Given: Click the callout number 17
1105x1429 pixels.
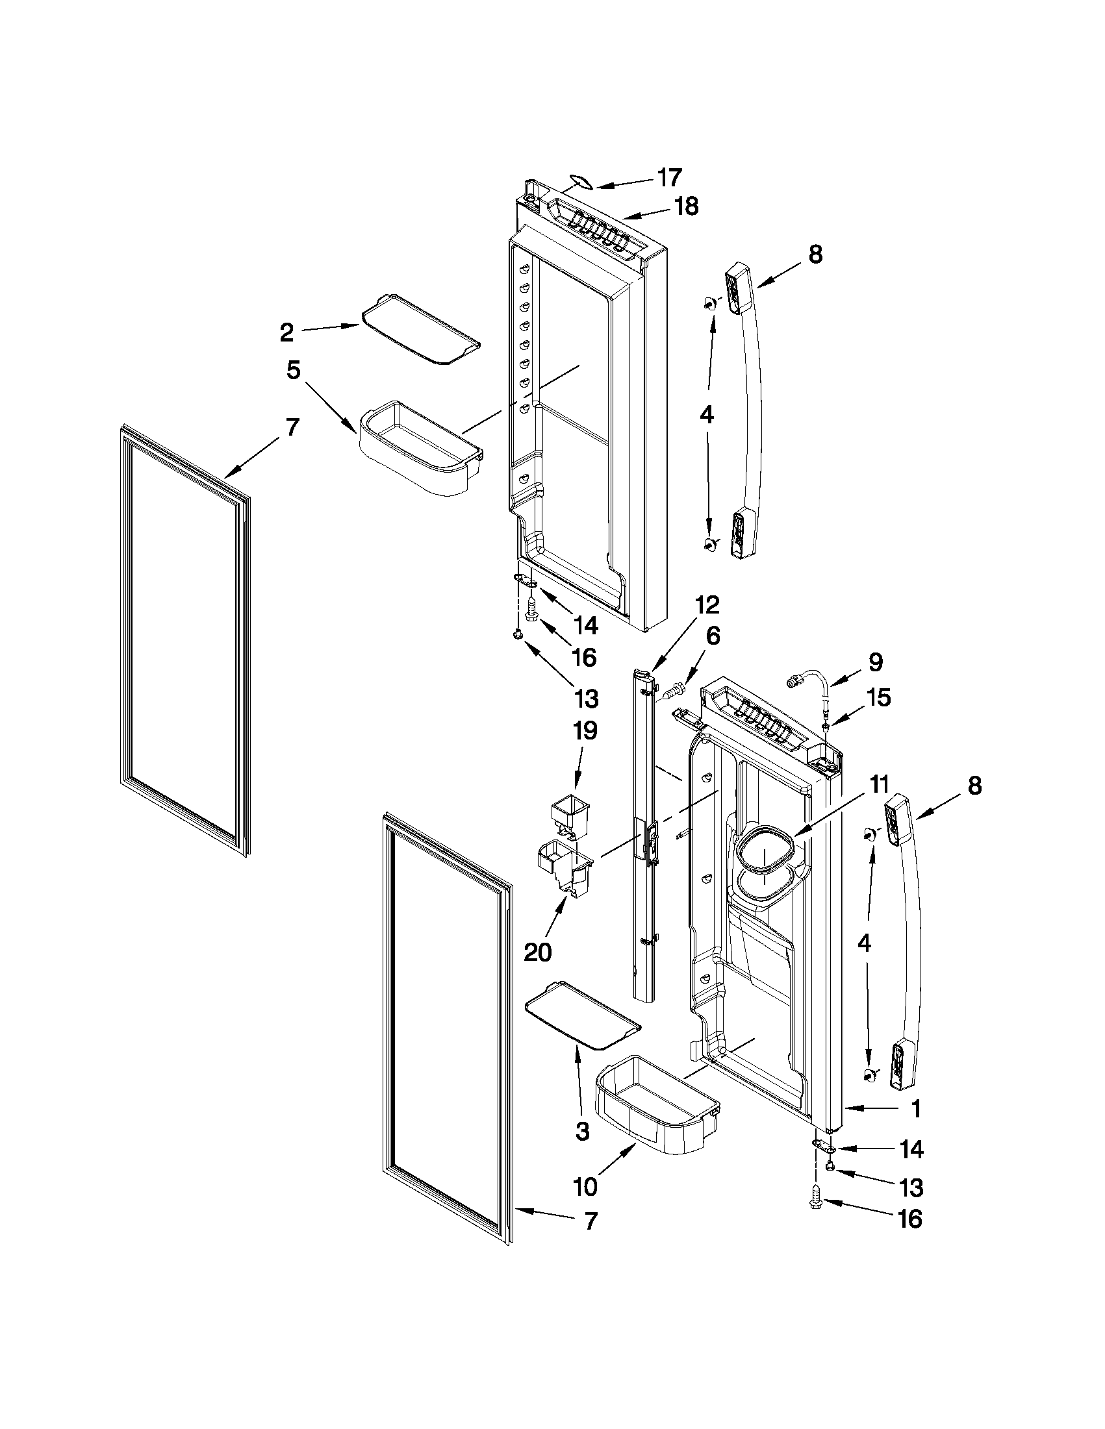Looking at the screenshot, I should point(670,177).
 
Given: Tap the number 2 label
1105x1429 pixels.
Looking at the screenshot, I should point(286,332).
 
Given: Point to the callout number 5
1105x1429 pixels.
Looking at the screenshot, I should point(293,370).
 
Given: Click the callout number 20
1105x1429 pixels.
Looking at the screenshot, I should point(537,952).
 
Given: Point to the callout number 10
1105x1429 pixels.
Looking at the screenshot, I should point(586,1186).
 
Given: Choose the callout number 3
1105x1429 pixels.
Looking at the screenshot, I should point(582,1130).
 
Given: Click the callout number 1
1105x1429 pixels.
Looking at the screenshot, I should point(917,1108).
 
